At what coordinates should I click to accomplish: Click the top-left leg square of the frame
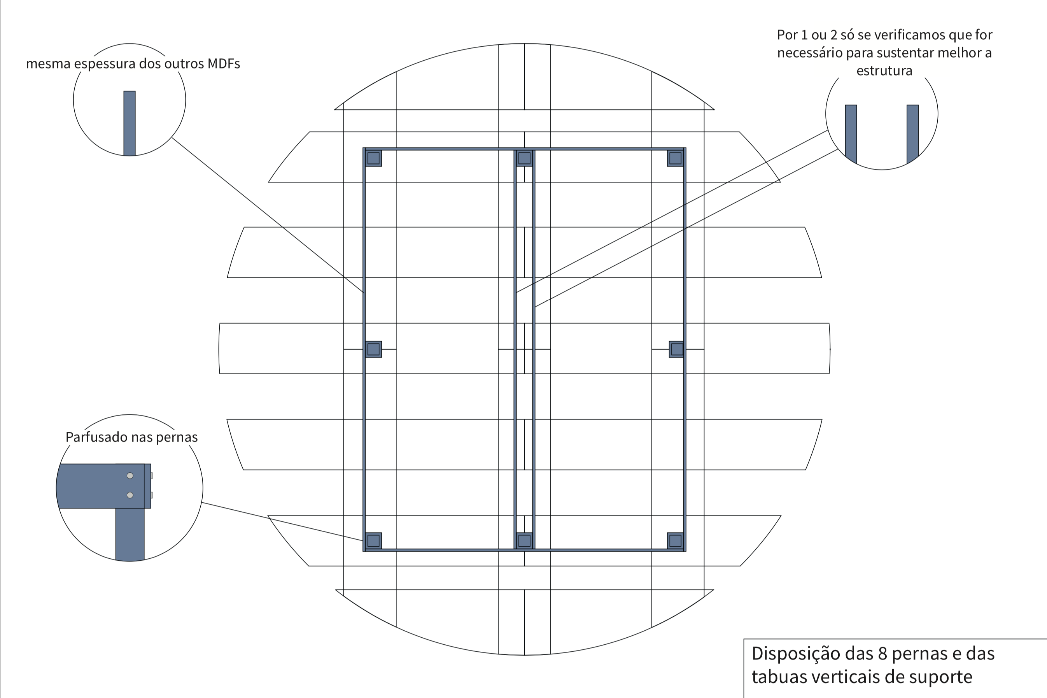point(373,158)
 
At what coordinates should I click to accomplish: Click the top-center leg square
point(524,158)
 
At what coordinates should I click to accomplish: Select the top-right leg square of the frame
point(675,158)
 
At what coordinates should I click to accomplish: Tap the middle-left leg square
point(373,349)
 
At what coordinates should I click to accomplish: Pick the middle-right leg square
point(677,349)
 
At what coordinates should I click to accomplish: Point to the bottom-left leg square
point(373,540)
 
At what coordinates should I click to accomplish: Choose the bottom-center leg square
point(524,540)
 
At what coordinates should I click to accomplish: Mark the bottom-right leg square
point(675,540)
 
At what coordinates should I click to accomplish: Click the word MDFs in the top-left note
point(224,64)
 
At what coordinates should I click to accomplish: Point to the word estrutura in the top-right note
point(884,71)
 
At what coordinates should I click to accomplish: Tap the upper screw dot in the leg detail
point(130,475)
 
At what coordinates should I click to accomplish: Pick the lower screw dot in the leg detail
point(130,495)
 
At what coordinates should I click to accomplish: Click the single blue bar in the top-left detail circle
point(130,123)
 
